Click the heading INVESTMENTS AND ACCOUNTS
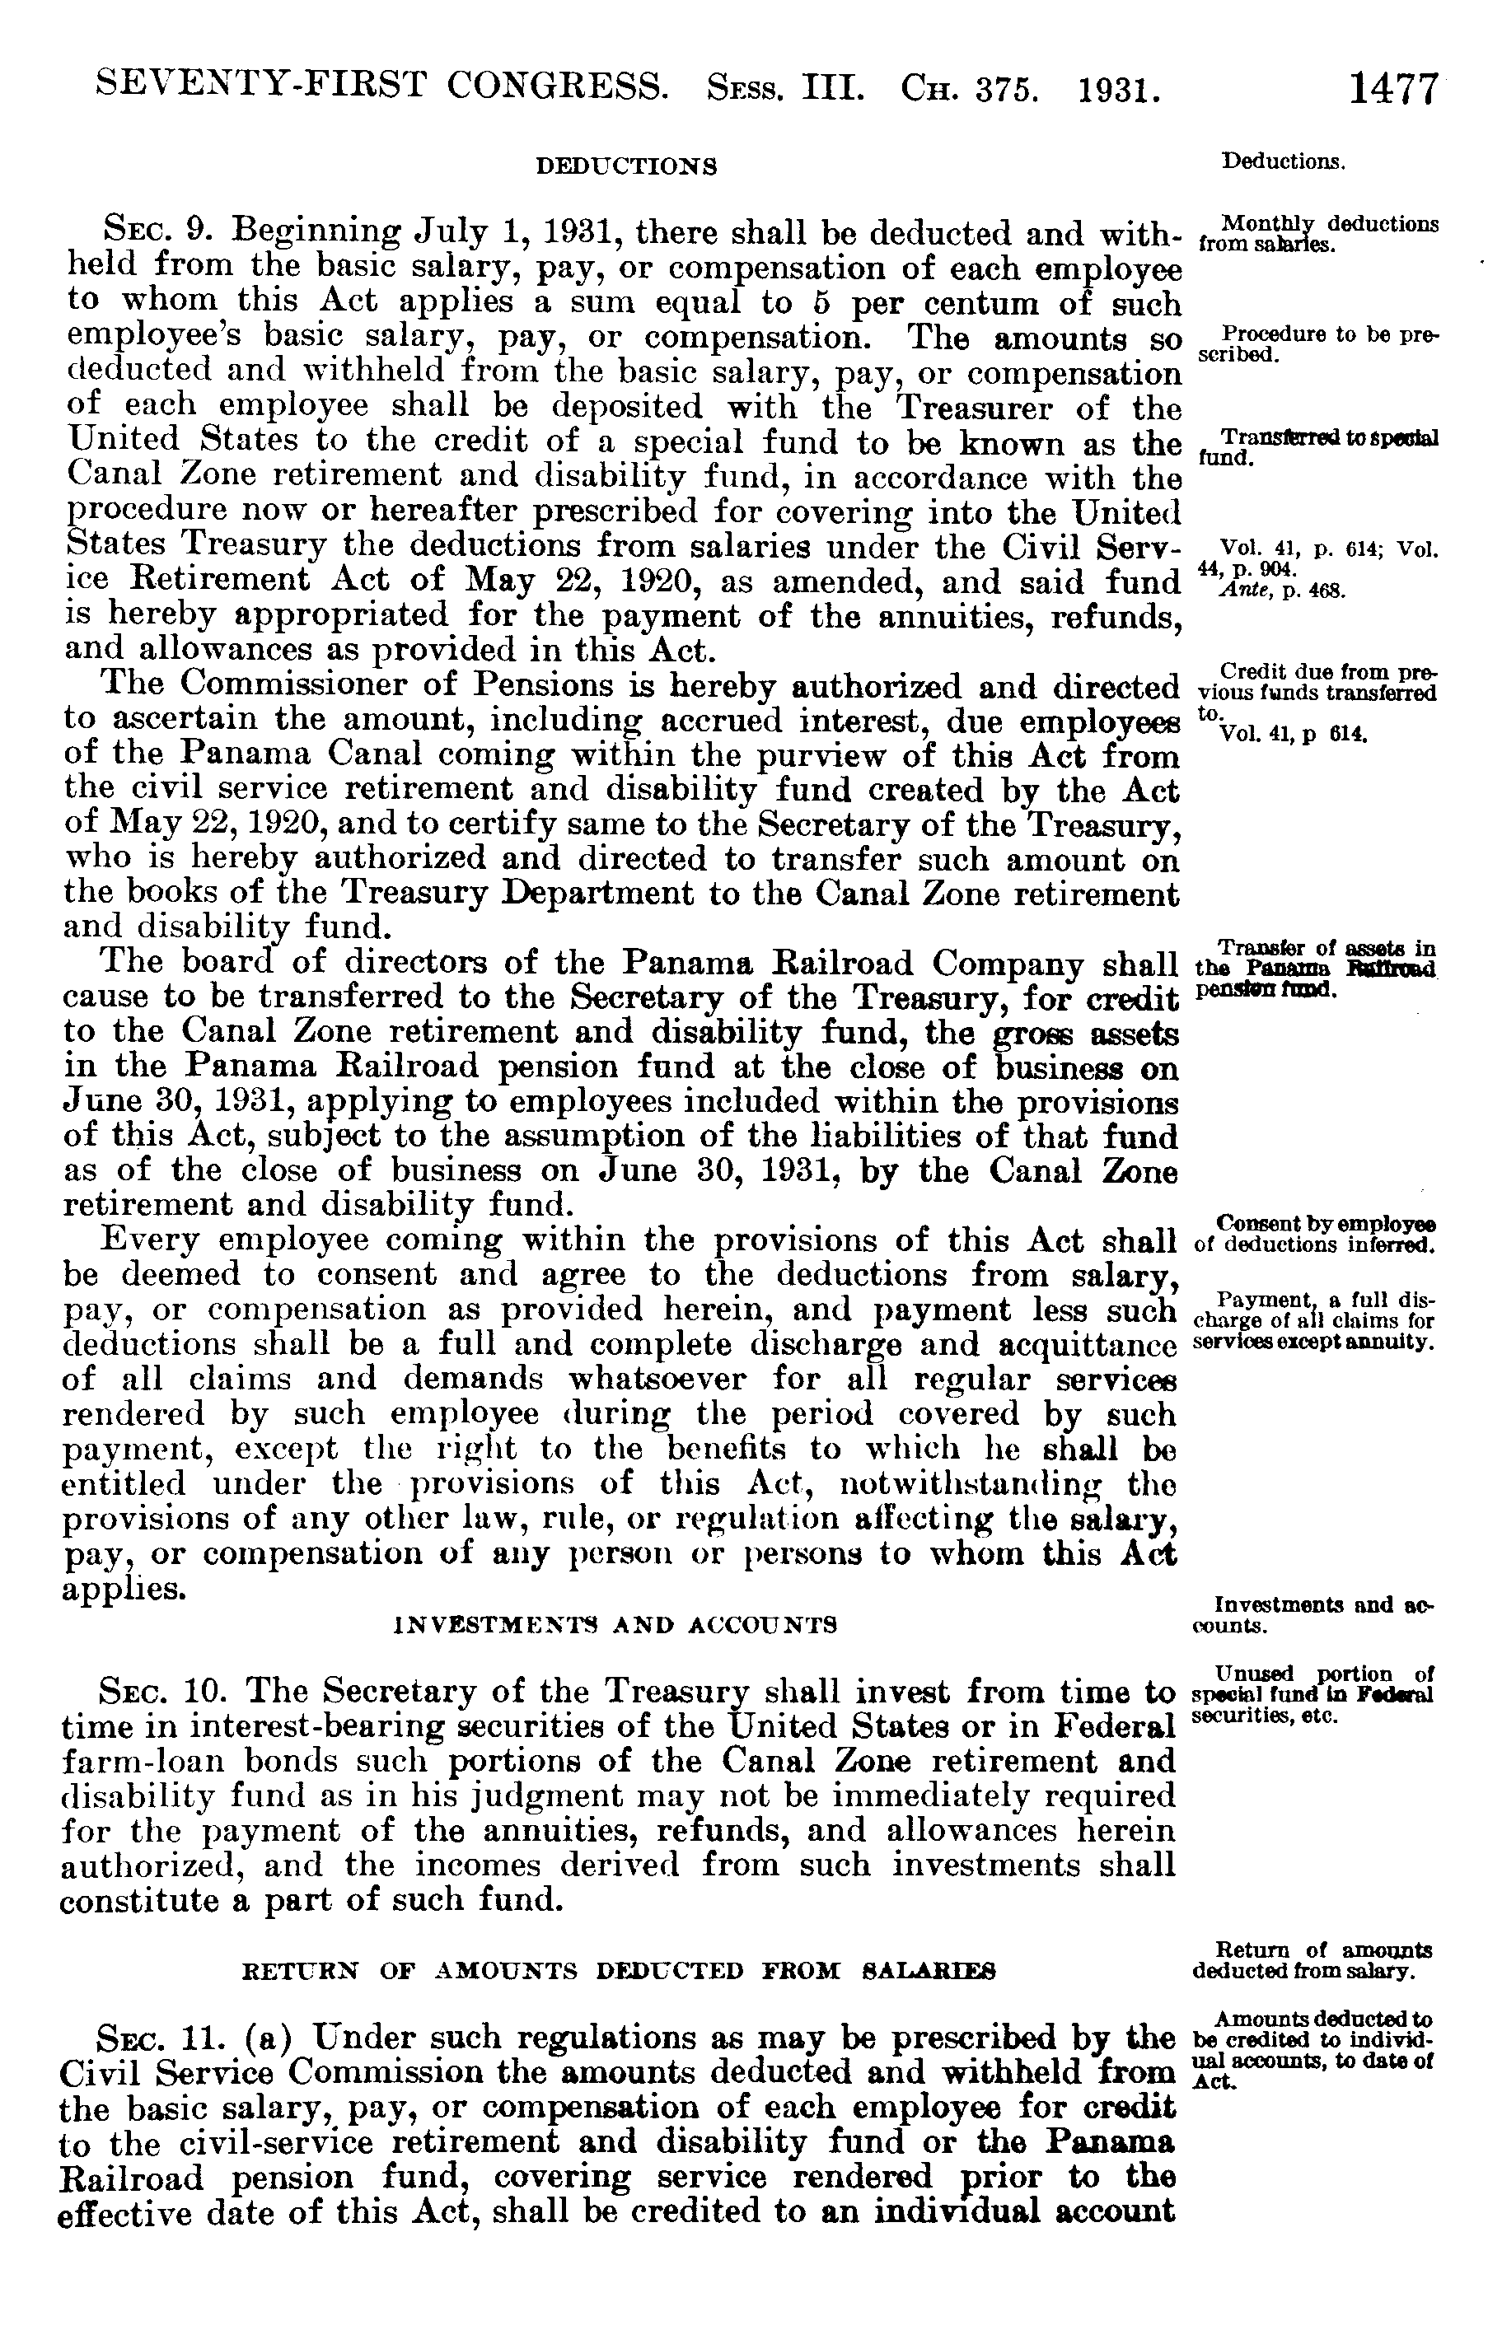pos(615,1625)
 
